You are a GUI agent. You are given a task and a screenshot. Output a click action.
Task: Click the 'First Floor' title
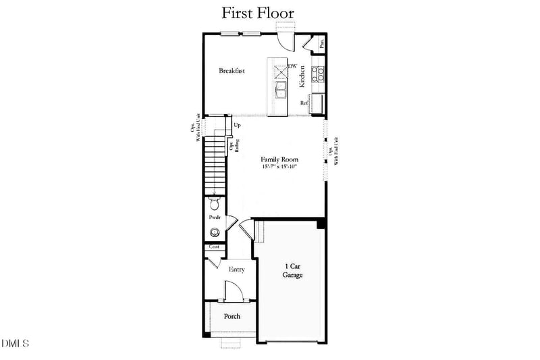click(x=258, y=13)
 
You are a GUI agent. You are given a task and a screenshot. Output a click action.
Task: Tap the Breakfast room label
click(x=232, y=70)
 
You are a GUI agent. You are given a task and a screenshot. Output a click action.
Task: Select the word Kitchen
click(x=303, y=75)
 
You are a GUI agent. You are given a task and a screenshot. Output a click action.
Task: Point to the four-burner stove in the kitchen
click(x=319, y=73)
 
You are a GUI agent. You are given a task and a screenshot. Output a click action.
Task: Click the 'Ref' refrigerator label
click(x=304, y=103)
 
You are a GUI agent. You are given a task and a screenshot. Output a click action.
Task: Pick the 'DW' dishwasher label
click(x=292, y=66)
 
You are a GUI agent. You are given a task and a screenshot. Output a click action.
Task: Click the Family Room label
click(x=280, y=160)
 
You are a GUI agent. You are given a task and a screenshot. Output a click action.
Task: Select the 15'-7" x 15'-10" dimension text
click(x=280, y=167)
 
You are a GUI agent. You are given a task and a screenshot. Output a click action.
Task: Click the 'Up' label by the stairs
click(x=237, y=126)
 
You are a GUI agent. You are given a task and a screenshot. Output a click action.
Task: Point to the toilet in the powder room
click(x=215, y=204)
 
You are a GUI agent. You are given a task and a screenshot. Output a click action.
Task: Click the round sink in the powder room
click(x=215, y=233)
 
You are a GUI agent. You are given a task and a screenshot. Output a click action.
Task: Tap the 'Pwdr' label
click(x=215, y=217)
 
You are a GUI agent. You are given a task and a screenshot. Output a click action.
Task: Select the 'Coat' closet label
click(x=215, y=247)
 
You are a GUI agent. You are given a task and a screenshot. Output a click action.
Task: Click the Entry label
click(x=236, y=269)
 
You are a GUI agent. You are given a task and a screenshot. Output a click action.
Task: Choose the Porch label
click(x=232, y=316)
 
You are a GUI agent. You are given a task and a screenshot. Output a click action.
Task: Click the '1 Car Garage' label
click(x=292, y=271)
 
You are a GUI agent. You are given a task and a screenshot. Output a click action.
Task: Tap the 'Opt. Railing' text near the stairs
click(x=233, y=147)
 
